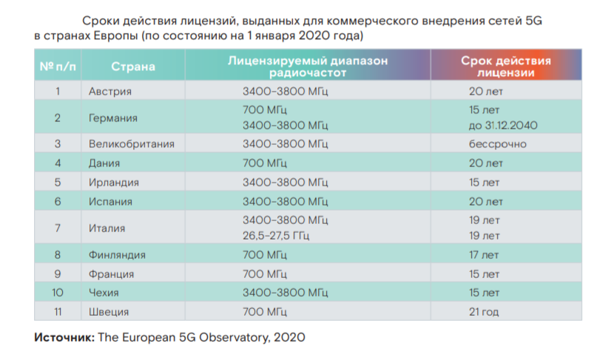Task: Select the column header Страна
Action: [133, 67]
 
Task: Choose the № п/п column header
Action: [57, 67]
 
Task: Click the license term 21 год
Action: [483, 312]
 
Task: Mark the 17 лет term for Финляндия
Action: [485, 255]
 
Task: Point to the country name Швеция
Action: [108, 312]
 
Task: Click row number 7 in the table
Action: [57, 228]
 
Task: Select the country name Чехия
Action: [104, 293]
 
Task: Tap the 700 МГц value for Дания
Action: [263, 163]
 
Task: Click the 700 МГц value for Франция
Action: [263, 274]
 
